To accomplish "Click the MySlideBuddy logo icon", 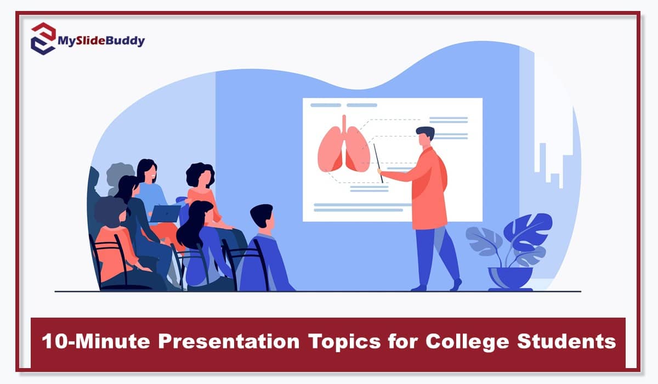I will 43,38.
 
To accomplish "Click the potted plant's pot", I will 510,278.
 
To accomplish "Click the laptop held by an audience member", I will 164,213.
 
